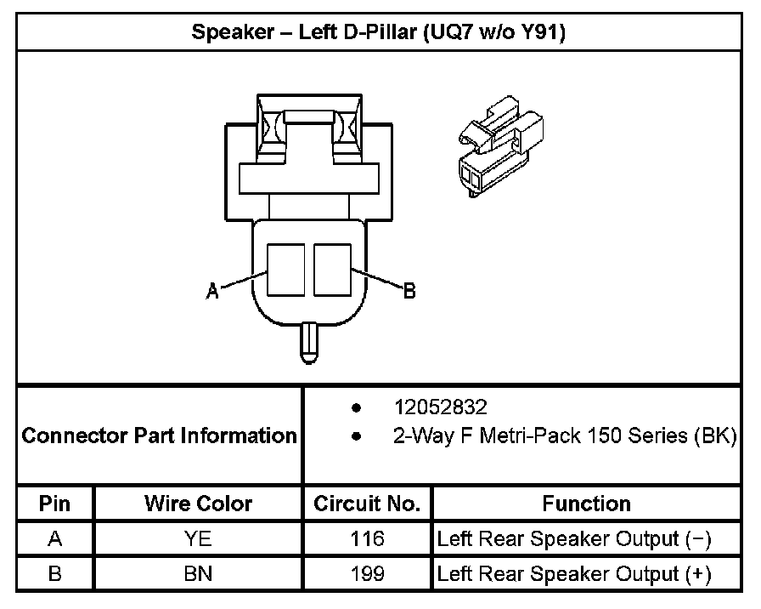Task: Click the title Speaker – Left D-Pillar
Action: [x=378, y=33]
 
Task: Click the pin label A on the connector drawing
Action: [x=213, y=292]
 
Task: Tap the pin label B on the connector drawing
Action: [x=409, y=291]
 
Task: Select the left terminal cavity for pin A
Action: [x=286, y=270]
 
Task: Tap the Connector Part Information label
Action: [x=159, y=436]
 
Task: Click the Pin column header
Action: [x=55, y=504]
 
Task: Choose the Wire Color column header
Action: [x=198, y=504]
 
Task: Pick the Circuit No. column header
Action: [x=367, y=504]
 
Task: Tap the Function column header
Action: [x=586, y=504]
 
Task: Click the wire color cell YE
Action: [x=198, y=538]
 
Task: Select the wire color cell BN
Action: [x=198, y=574]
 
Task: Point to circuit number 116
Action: [x=367, y=538]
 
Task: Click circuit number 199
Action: [x=367, y=574]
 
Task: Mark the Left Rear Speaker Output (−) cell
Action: [x=574, y=538]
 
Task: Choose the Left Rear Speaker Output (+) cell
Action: [x=574, y=574]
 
